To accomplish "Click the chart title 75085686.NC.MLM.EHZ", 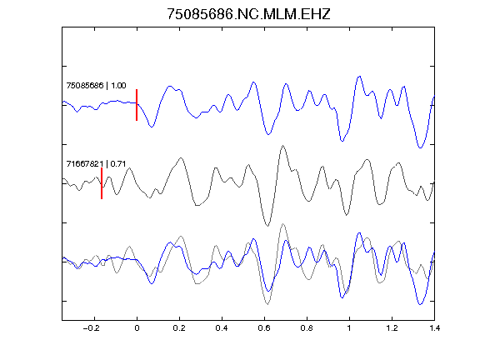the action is click(248, 14).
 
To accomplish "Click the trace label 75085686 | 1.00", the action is click(96, 85).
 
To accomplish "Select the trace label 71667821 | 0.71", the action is click(96, 164).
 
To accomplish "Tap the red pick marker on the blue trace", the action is click(137, 105).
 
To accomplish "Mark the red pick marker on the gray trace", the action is click(102, 183).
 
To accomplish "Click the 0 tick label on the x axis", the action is click(137, 328).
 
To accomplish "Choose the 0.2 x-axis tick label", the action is click(179, 328).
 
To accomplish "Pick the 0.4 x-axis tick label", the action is click(222, 328).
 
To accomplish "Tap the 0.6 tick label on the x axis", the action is click(264, 328).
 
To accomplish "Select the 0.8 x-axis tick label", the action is click(307, 328).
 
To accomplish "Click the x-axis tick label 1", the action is click(349, 328).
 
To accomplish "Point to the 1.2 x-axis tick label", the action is click(392, 328).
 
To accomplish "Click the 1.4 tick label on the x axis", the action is click(434, 328).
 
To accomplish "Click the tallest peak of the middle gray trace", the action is click(282, 146).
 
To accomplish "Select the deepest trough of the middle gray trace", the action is click(267, 226).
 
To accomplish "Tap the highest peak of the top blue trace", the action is click(360, 77).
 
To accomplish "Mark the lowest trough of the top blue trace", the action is click(420, 147).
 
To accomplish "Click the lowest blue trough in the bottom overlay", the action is click(420, 304).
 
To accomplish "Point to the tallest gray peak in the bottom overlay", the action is click(282, 224).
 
